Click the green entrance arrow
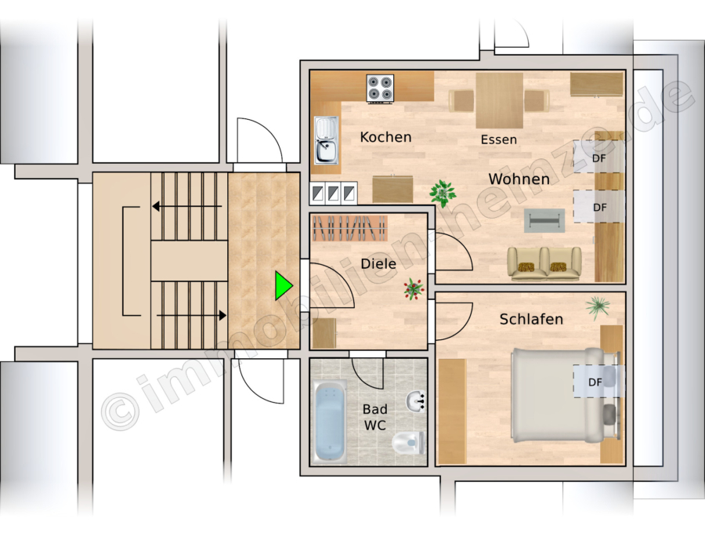(284, 285)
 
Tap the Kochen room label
(385, 136)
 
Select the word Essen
(499, 139)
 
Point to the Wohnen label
(519, 179)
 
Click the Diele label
(378, 263)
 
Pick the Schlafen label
(531, 319)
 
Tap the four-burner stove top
(380, 88)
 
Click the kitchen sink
(327, 139)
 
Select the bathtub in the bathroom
(330, 421)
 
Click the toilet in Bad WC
(408, 443)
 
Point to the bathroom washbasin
(416, 401)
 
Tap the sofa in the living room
(544, 264)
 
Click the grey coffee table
(544, 220)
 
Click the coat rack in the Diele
(350, 228)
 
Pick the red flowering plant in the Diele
(414, 288)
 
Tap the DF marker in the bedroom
(595, 382)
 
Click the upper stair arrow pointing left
(187, 206)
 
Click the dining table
(499, 101)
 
